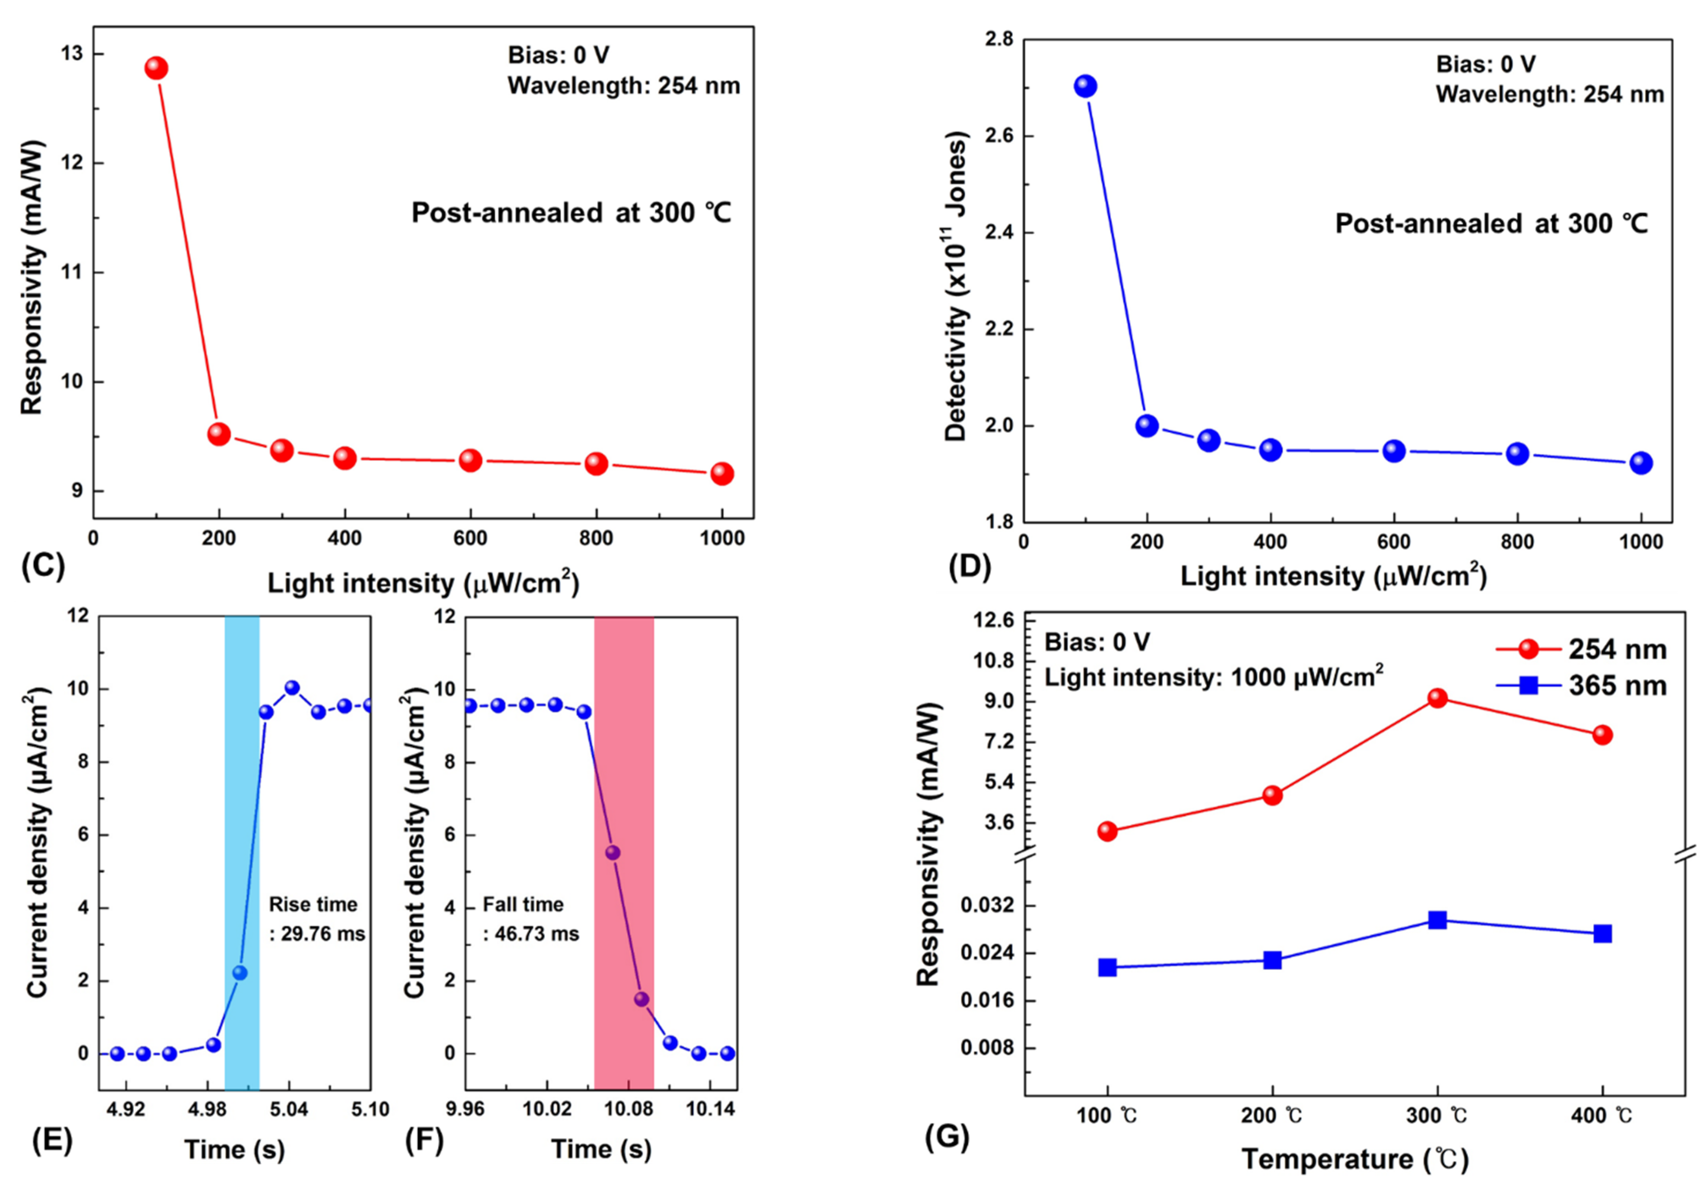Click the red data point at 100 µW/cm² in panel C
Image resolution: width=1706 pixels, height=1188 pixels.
coord(155,68)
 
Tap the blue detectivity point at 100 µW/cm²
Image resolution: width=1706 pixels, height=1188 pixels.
coord(1086,86)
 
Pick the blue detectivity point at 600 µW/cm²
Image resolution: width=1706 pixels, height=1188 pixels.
coord(1394,451)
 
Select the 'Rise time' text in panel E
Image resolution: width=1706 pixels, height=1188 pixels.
coord(313,904)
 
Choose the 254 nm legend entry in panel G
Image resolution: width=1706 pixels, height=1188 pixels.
coord(1581,650)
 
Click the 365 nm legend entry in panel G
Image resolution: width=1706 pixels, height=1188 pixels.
coord(1581,685)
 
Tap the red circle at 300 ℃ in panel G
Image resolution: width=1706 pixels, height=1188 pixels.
coord(1437,698)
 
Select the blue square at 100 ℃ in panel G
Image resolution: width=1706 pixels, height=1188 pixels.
coord(1107,967)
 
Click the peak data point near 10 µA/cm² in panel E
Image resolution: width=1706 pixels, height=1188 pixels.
coord(292,688)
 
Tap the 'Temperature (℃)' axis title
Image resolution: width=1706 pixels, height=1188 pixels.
coord(1355,1159)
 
